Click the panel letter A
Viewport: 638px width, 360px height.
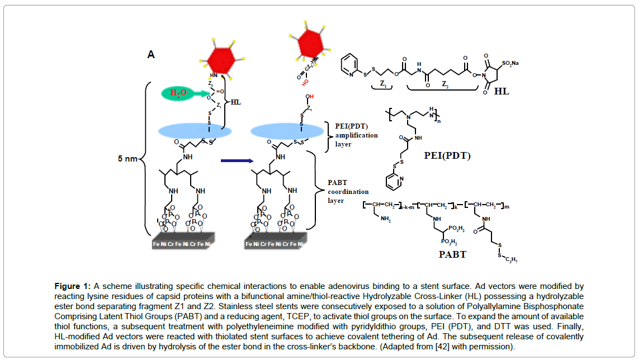click(x=150, y=54)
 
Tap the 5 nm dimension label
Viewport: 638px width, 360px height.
click(x=127, y=159)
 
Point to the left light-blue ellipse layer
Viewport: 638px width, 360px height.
click(x=195, y=130)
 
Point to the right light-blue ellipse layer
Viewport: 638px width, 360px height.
click(x=287, y=130)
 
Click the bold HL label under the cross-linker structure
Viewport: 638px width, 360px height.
click(x=502, y=91)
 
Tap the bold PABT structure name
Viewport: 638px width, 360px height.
click(x=452, y=254)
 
